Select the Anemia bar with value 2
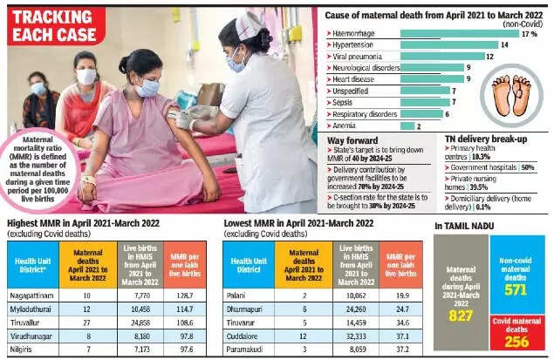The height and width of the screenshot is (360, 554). click(x=405, y=126)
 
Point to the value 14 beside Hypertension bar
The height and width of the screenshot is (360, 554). click(x=504, y=45)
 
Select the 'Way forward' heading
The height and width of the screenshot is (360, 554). click(x=352, y=139)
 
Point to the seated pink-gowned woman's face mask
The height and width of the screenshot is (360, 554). click(x=148, y=87)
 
